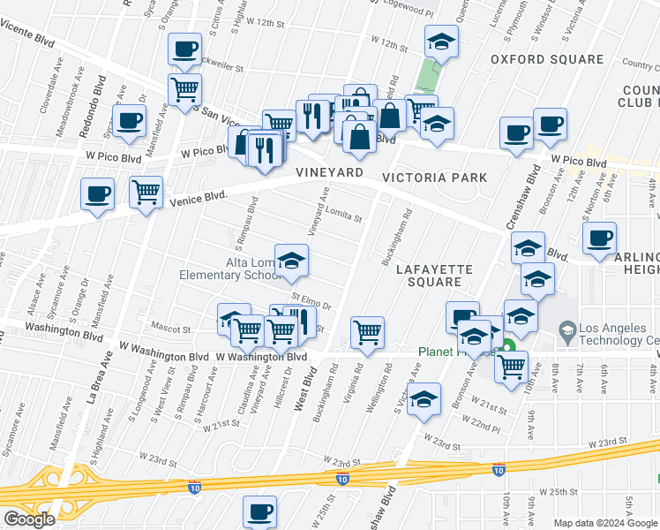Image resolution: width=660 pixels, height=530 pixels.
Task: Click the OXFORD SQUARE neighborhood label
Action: [x=547, y=60]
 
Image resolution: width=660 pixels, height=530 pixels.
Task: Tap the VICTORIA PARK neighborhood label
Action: [x=434, y=178]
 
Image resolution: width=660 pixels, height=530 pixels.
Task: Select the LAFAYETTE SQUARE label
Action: [x=434, y=275]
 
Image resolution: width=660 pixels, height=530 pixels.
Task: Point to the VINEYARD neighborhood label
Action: [x=329, y=173]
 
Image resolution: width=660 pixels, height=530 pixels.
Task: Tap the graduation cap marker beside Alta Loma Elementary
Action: [x=292, y=260]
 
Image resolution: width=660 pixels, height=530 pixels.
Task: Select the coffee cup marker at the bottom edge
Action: [x=259, y=511]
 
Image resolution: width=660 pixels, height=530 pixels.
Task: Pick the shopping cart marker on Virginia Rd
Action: [x=367, y=332]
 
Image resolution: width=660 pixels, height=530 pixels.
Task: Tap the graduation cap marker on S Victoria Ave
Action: [x=424, y=398]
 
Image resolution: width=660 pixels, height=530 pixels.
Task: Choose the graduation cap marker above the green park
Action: [x=441, y=41]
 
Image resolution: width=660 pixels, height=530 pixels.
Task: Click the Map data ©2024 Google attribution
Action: [x=604, y=523]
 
